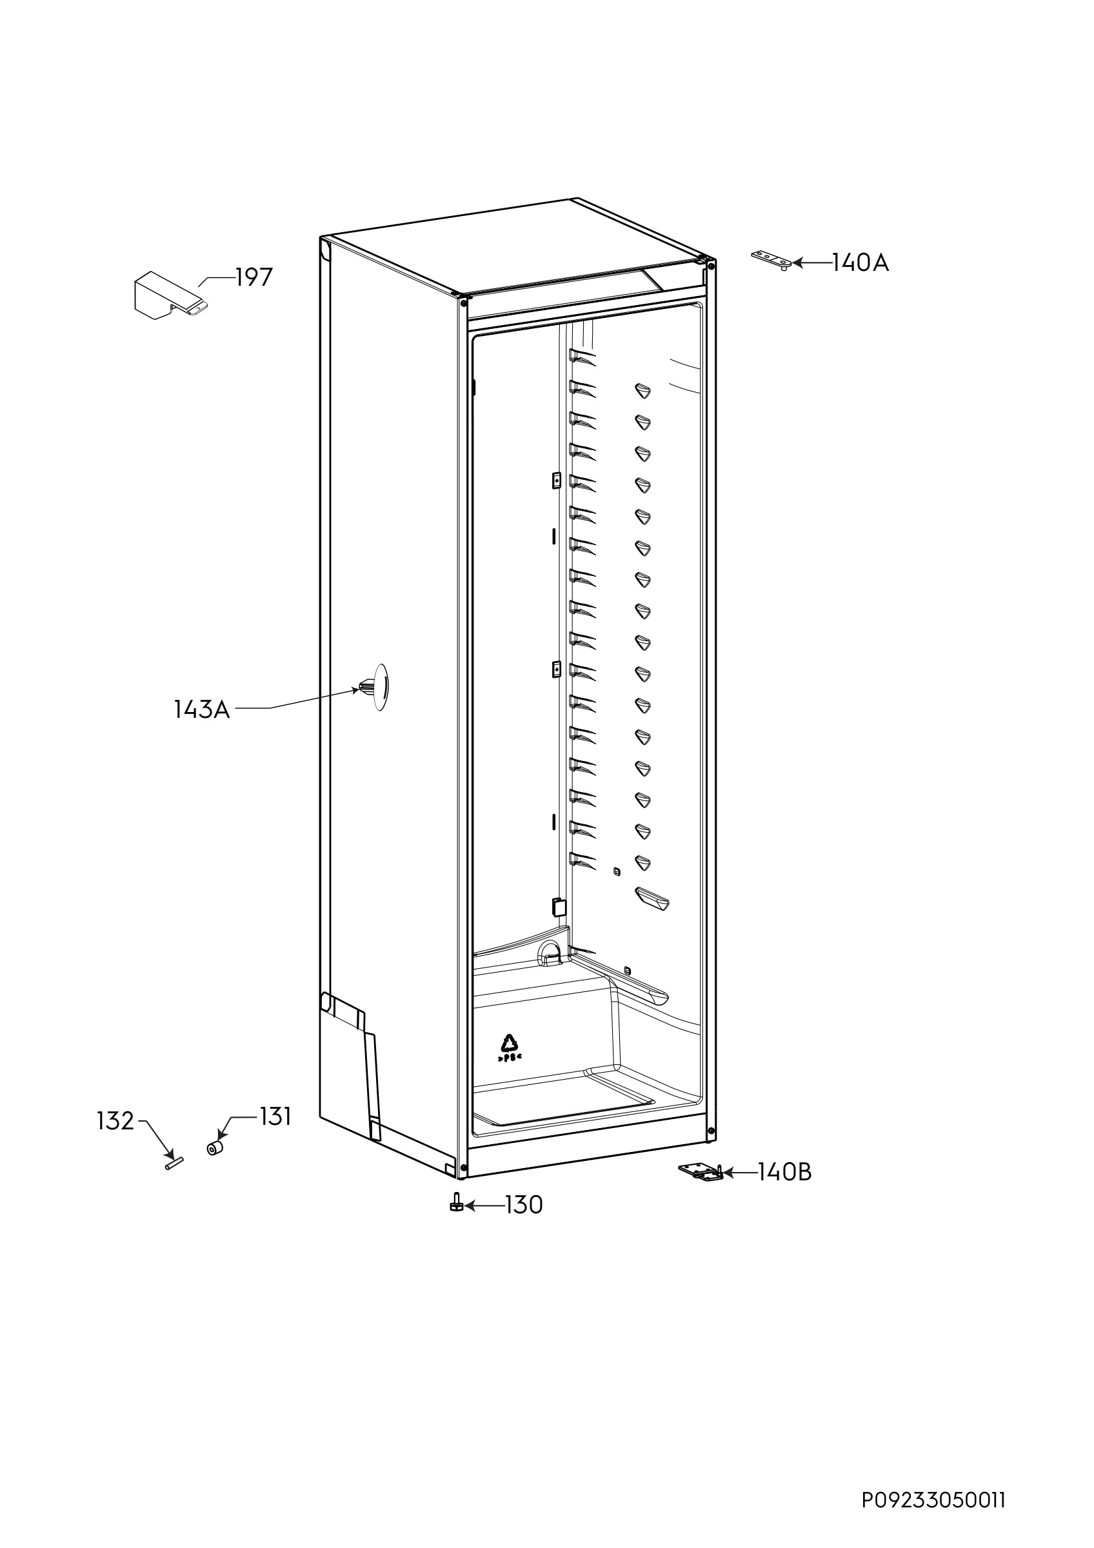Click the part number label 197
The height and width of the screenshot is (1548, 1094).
point(254,277)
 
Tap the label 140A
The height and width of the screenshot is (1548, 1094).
point(860,263)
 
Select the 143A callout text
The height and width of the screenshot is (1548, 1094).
point(202,709)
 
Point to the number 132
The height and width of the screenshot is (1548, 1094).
point(116,1121)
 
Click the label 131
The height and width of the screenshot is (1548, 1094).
point(275,1117)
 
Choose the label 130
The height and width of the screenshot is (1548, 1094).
point(524,1205)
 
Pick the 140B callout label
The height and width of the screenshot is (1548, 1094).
point(784,1173)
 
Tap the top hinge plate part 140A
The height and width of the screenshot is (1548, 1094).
point(772,259)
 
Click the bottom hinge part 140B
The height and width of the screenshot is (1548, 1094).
point(701,1172)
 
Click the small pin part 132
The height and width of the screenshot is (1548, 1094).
point(175,1163)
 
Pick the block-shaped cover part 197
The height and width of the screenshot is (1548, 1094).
point(170,296)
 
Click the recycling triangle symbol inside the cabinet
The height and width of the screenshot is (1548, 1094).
point(509,1044)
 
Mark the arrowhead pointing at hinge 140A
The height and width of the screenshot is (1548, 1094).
point(798,263)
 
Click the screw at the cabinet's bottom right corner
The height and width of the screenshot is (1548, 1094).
point(711,1131)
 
